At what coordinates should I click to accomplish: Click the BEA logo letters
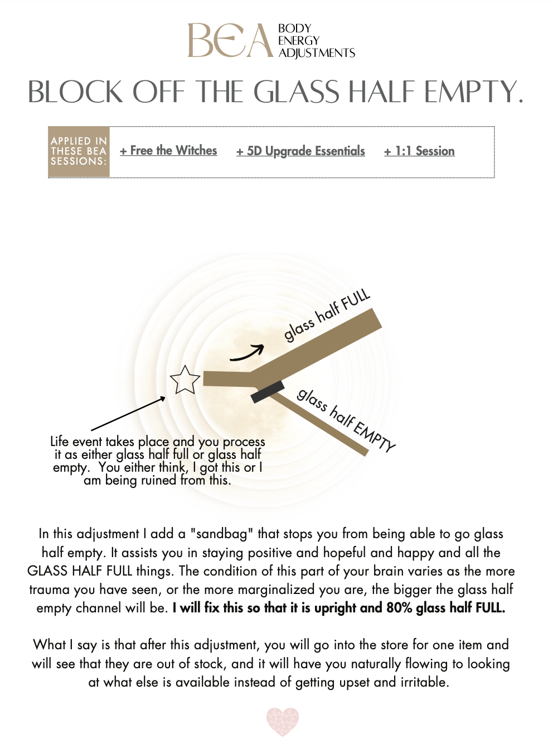coord(230,40)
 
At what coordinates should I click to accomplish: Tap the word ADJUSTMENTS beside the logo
coord(317,53)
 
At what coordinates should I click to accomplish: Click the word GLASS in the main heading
coord(296,92)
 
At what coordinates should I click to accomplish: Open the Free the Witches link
coord(168,151)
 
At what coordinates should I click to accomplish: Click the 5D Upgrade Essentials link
coord(300,151)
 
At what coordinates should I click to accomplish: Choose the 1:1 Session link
coord(419,151)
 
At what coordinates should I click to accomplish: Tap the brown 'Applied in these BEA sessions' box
coord(79,152)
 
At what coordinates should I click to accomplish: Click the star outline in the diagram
coord(185,380)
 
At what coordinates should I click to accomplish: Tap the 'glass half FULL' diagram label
coord(327,315)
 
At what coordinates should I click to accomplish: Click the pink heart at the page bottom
coord(283,721)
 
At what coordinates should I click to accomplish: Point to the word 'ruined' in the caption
coord(159,480)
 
